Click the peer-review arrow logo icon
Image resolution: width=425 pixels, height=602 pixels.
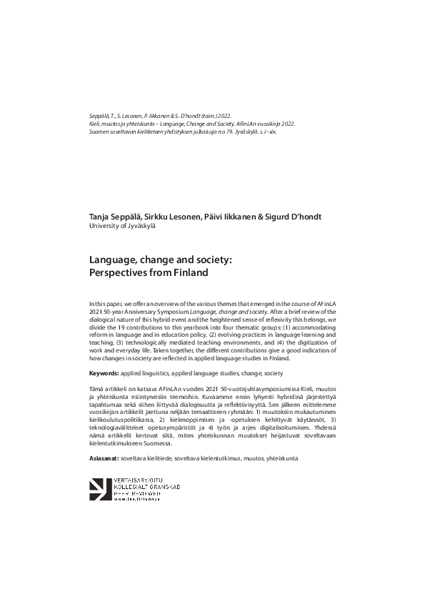(99, 489)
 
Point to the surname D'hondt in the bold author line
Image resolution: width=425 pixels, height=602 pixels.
(302, 217)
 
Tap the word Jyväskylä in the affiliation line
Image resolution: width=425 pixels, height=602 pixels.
(136, 225)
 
